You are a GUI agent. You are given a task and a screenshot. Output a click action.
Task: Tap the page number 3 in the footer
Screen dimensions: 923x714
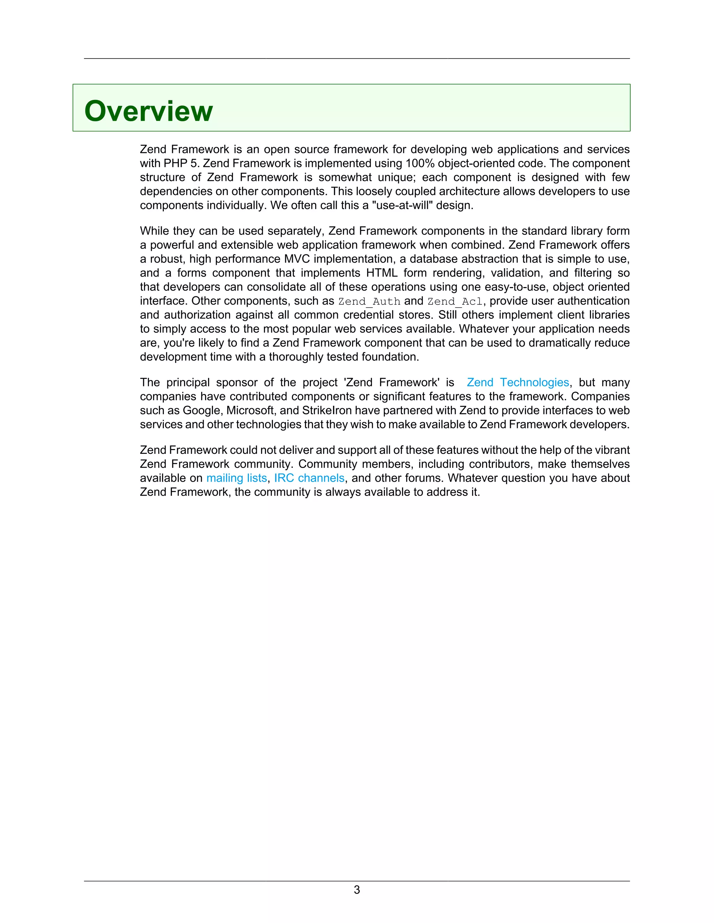click(x=357, y=890)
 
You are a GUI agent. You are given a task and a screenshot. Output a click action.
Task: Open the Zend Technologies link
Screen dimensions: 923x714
click(x=518, y=382)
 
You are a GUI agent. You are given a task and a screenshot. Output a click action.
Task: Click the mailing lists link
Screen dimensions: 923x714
click(x=236, y=478)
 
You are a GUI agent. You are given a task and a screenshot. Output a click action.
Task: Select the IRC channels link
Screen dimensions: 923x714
click(x=309, y=478)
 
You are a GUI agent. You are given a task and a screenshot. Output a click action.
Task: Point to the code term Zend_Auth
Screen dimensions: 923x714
click(x=369, y=301)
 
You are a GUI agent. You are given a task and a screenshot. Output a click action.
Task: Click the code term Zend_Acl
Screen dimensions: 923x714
click(x=455, y=301)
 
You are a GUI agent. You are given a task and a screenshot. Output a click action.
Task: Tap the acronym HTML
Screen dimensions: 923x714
click(x=381, y=273)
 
